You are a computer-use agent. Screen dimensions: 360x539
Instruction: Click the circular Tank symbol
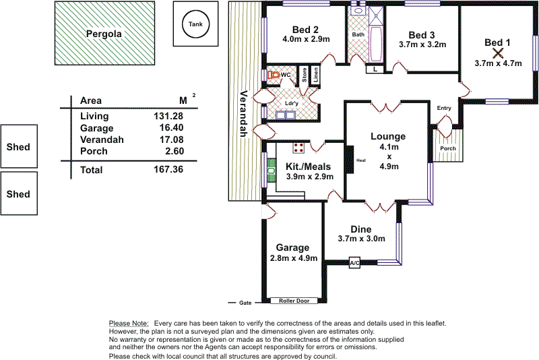coord(195,25)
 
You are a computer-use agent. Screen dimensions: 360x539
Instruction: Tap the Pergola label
coord(104,33)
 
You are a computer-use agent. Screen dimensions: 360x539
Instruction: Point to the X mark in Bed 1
coord(498,53)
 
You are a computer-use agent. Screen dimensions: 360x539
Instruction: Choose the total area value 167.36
coord(168,170)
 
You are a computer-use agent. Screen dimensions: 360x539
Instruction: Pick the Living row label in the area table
coord(94,116)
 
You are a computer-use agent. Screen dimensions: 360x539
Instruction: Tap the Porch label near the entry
coord(447,148)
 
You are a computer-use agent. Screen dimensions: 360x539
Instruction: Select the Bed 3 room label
coord(422,34)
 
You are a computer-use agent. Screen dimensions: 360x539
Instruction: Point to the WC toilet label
coord(286,75)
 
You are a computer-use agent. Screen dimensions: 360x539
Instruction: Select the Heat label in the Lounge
coord(360,160)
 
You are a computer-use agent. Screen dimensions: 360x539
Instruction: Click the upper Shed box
coord(18,146)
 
